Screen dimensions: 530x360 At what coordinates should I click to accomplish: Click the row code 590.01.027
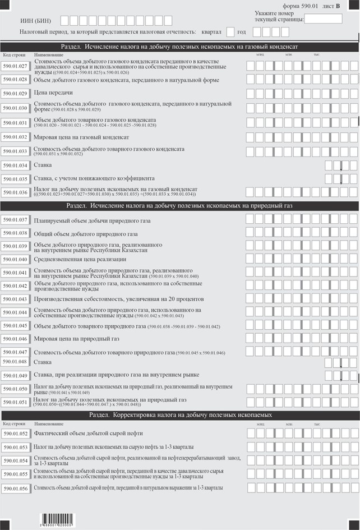click(15, 66)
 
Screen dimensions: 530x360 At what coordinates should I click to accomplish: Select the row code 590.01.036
click(15, 192)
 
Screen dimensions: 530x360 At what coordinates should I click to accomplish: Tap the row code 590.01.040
click(15, 259)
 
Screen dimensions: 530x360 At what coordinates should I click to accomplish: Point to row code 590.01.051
click(15, 402)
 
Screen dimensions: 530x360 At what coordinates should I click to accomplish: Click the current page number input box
click(323, 19)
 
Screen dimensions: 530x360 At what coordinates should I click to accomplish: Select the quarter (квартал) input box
click(230, 31)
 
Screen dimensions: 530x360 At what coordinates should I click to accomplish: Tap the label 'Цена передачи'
click(53, 93)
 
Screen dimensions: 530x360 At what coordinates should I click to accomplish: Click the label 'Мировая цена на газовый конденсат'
click(81, 137)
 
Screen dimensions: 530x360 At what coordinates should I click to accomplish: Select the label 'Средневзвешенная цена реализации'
click(80, 259)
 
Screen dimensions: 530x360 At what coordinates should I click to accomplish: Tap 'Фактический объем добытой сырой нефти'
click(88, 434)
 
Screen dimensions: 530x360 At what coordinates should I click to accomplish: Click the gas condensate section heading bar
click(179, 47)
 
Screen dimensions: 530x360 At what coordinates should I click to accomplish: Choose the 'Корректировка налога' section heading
click(179, 415)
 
